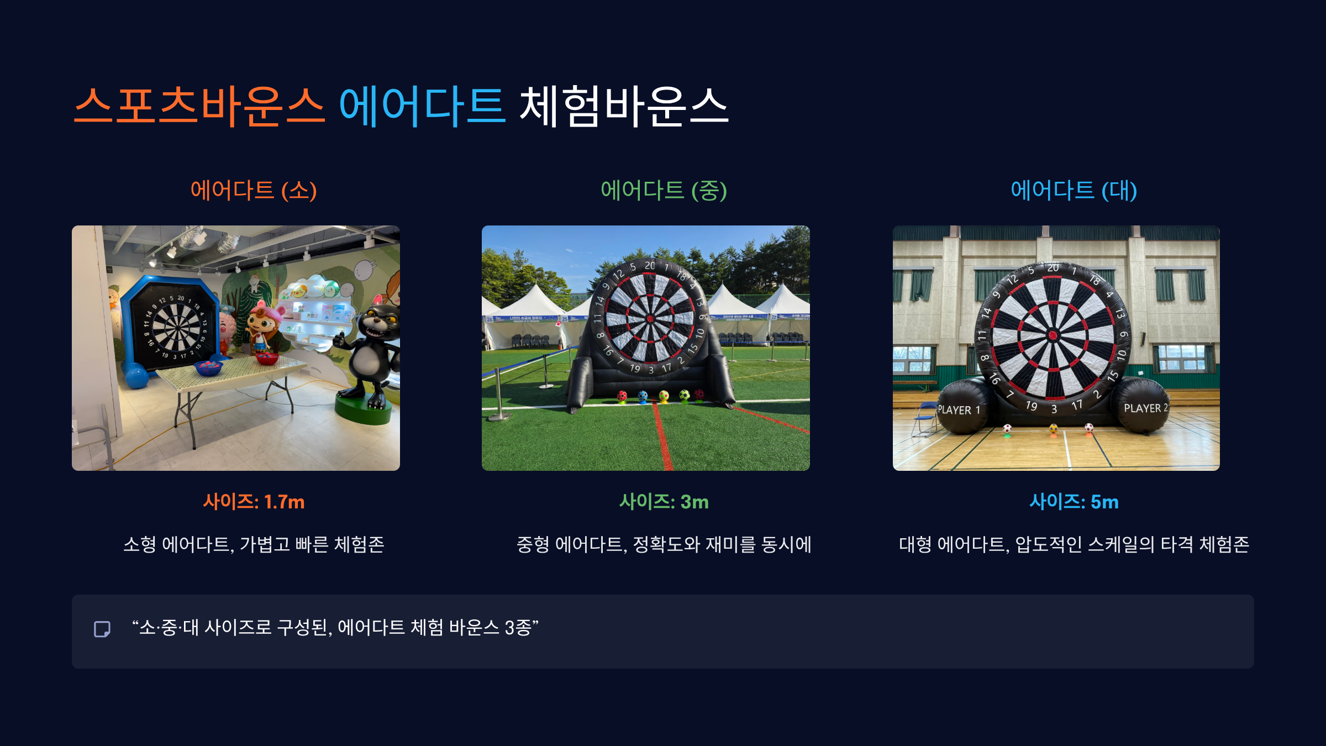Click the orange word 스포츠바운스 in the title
coord(199,106)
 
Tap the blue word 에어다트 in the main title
coord(422,106)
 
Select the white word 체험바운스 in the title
coord(624,106)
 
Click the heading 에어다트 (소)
coord(254,191)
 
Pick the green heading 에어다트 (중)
coord(664,191)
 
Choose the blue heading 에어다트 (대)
coord(1074,191)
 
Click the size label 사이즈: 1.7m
coord(254,502)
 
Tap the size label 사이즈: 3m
coord(664,502)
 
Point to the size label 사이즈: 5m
coord(1074,502)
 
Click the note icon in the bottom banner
coord(102,629)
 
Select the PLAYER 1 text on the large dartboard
coord(959,410)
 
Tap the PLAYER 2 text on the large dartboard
coord(1145,408)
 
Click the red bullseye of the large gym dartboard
coord(1053,335)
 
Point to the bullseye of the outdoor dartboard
coord(650,318)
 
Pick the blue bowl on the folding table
coord(208,367)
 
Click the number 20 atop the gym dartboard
coord(1053,268)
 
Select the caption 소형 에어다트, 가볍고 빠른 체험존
coord(254,544)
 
